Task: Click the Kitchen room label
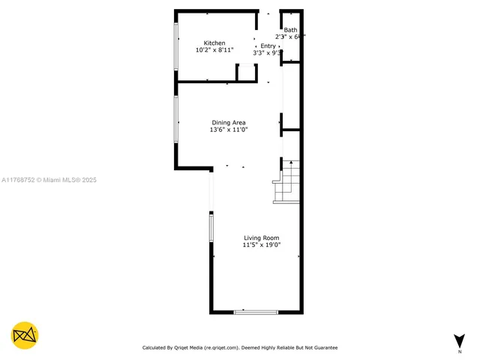pyautogui.click(x=214, y=43)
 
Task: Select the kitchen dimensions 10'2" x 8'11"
pyautogui.click(x=214, y=50)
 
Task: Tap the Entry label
pyautogui.click(x=268, y=46)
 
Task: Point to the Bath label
pyautogui.click(x=289, y=30)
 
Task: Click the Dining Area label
pyautogui.click(x=228, y=123)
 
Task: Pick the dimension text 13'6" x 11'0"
pyautogui.click(x=228, y=130)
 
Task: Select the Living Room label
pyautogui.click(x=261, y=238)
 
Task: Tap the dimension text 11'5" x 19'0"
pyautogui.click(x=261, y=244)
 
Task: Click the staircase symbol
pyautogui.click(x=288, y=181)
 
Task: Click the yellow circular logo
pyautogui.click(x=25, y=335)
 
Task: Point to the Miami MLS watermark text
pyautogui.click(x=49, y=180)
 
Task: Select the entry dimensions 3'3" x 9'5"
pyautogui.click(x=268, y=53)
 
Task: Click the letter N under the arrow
pyautogui.click(x=459, y=351)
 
